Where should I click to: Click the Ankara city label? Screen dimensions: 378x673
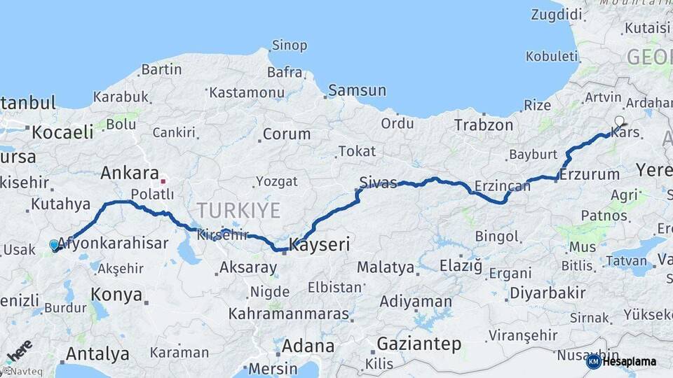130,173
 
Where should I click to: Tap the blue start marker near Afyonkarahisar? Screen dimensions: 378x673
55,245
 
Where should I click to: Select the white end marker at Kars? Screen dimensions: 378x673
619,122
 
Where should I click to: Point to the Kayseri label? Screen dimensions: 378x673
319,245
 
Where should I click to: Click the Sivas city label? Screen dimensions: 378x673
378,183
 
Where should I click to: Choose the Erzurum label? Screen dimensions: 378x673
589,174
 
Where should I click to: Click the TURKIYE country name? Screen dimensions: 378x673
238,210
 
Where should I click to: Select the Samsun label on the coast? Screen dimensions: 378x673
357,90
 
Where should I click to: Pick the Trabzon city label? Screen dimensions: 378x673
483,125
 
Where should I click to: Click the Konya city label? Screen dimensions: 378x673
116,295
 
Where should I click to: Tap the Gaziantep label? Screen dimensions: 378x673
419,344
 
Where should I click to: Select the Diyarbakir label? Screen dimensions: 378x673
547,293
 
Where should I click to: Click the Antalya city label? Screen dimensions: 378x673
97,353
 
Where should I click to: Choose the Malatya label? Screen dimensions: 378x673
385,267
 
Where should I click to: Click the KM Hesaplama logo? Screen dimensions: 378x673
621,361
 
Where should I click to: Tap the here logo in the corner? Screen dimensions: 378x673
18,351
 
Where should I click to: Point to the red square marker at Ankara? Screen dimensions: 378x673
163,181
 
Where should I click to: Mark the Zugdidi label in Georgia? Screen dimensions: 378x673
557,14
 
